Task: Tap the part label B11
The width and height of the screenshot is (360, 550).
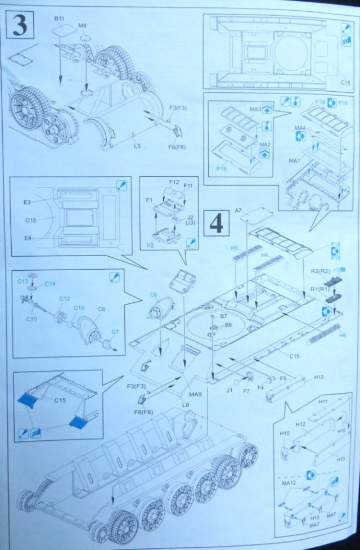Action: (60, 19)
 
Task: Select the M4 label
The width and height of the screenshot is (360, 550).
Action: (82, 26)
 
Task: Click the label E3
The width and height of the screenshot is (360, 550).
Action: (26, 201)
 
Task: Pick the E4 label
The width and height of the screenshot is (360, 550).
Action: (26, 238)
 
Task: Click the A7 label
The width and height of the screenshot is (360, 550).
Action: (238, 211)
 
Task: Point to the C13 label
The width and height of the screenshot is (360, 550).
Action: (22, 281)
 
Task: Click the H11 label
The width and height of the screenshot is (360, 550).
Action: (322, 402)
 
